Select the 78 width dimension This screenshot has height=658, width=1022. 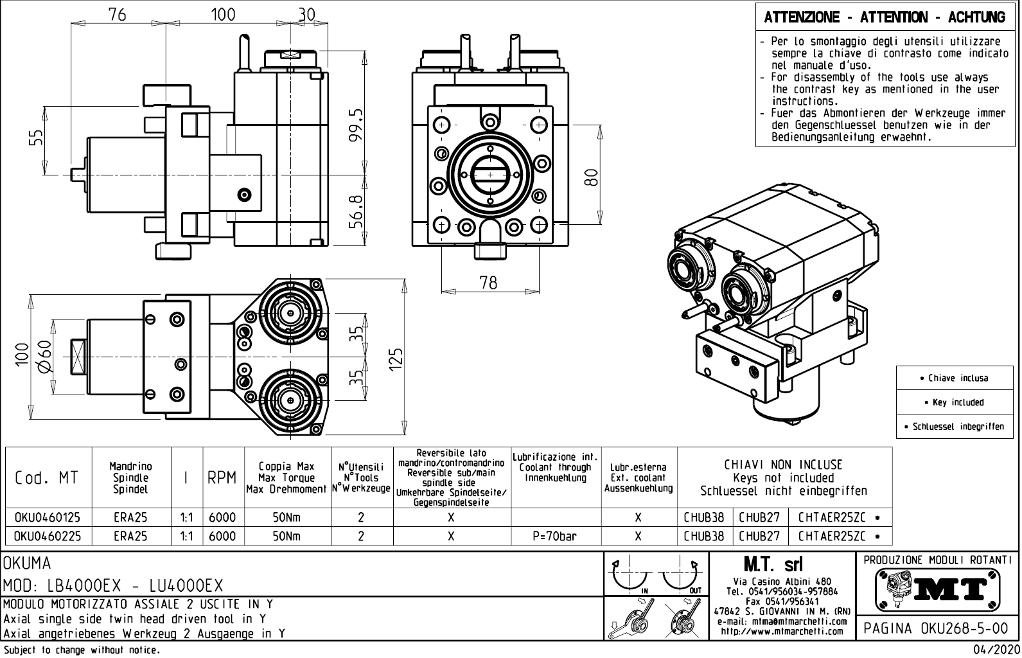488,282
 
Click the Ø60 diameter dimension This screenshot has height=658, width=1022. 44,357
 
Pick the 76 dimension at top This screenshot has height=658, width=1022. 118,15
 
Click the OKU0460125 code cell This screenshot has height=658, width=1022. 48,517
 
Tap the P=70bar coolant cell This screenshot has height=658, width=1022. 555,536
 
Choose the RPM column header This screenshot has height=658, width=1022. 222,478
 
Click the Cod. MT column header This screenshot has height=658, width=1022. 47,478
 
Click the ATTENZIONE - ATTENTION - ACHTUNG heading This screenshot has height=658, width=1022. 885,17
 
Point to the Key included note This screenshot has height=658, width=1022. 958,402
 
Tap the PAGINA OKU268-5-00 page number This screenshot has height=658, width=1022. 937,628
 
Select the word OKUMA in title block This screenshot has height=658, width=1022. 27,564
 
